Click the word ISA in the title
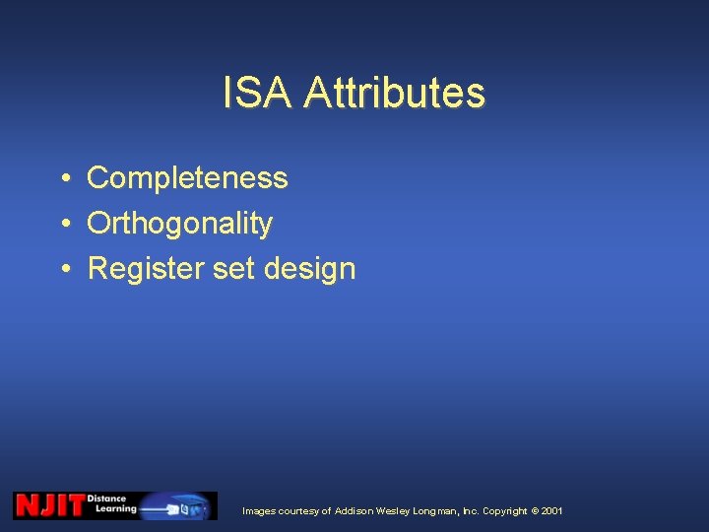258,94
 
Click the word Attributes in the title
394,94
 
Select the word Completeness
187,178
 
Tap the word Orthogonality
179,224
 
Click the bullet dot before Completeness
62,179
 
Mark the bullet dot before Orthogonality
62,225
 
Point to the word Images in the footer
259,511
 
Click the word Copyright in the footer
504,511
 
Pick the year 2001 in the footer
552,511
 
